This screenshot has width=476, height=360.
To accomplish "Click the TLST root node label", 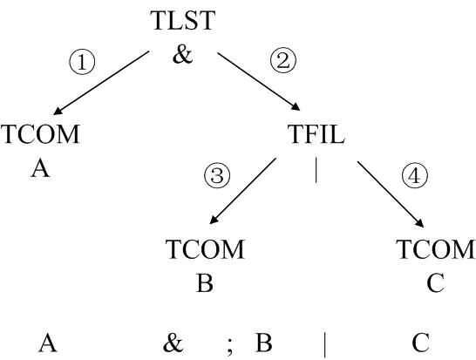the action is tap(184, 21).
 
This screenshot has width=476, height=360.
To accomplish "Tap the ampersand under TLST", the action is tap(183, 55).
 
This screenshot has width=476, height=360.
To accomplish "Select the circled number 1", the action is tap(82, 62).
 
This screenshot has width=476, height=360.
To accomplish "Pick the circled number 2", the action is tap(283, 60).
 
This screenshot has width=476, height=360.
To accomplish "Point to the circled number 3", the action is tap(217, 175).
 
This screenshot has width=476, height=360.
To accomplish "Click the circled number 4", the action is tap(415, 175).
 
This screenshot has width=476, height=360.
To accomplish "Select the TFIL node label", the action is tap(316, 134).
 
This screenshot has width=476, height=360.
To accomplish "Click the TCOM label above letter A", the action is tap(40, 134).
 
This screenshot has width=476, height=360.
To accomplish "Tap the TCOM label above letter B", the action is tap(205, 249).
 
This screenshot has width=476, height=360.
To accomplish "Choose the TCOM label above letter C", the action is tap(436, 249).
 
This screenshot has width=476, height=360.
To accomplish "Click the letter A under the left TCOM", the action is tap(40, 168).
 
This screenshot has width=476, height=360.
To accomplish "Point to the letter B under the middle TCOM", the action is tap(205, 283).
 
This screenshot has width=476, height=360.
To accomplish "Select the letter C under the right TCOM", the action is tap(436, 283).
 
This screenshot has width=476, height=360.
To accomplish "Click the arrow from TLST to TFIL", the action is tap(259, 81).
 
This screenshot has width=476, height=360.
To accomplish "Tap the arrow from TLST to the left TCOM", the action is tap(101, 83).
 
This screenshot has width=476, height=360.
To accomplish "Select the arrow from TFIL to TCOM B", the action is tap(243, 191).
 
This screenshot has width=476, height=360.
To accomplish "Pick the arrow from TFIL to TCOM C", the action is tap(391, 194).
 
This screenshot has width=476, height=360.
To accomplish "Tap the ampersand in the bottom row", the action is tap(173, 343).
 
